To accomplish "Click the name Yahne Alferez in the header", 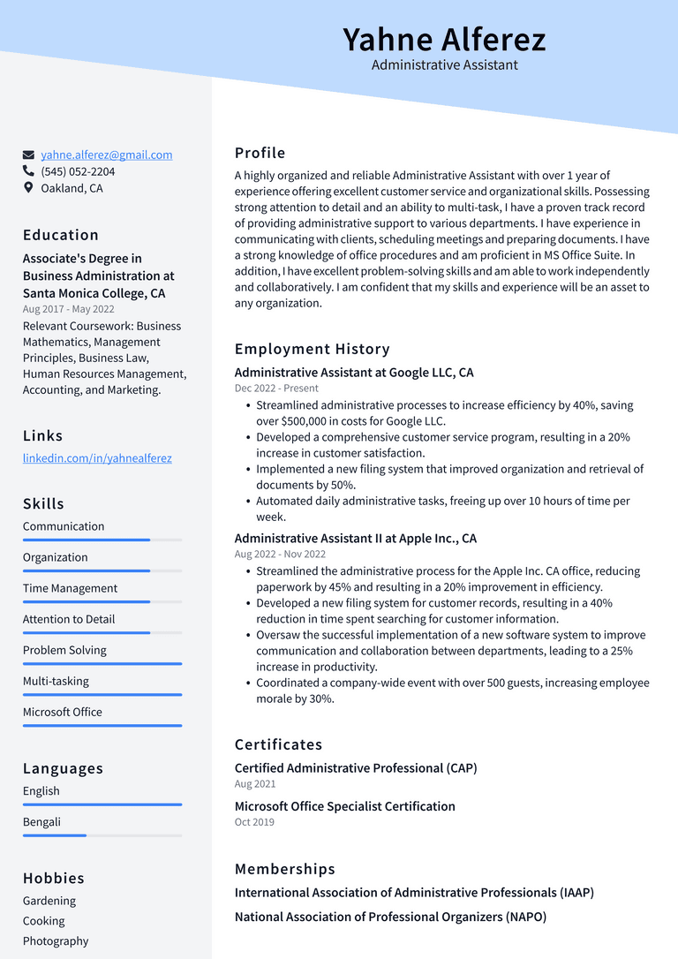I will (x=444, y=40).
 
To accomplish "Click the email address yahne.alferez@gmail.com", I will (x=106, y=155).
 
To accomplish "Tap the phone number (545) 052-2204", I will (x=78, y=171).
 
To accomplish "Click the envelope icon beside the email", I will (x=29, y=155).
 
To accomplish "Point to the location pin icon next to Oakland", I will (x=29, y=188).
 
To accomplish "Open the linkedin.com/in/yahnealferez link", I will (x=97, y=458).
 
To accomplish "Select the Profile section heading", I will (x=260, y=153).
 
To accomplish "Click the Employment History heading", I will (x=312, y=349).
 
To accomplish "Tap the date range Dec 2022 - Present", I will (x=276, y=389).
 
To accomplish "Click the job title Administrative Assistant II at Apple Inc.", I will (x=355, y=539).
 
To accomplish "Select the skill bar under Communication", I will (x=102, y=540).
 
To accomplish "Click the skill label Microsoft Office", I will (x=63, y=712).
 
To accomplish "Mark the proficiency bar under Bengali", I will (x=102, y=835).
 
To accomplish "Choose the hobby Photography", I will (x=56, y=941).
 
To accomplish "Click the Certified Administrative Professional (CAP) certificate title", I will (x=356, y=768).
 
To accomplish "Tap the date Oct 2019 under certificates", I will (x=254, y=822).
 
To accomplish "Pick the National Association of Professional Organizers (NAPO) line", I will (x=390, y=917).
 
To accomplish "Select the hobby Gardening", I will (x=49, y=901).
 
